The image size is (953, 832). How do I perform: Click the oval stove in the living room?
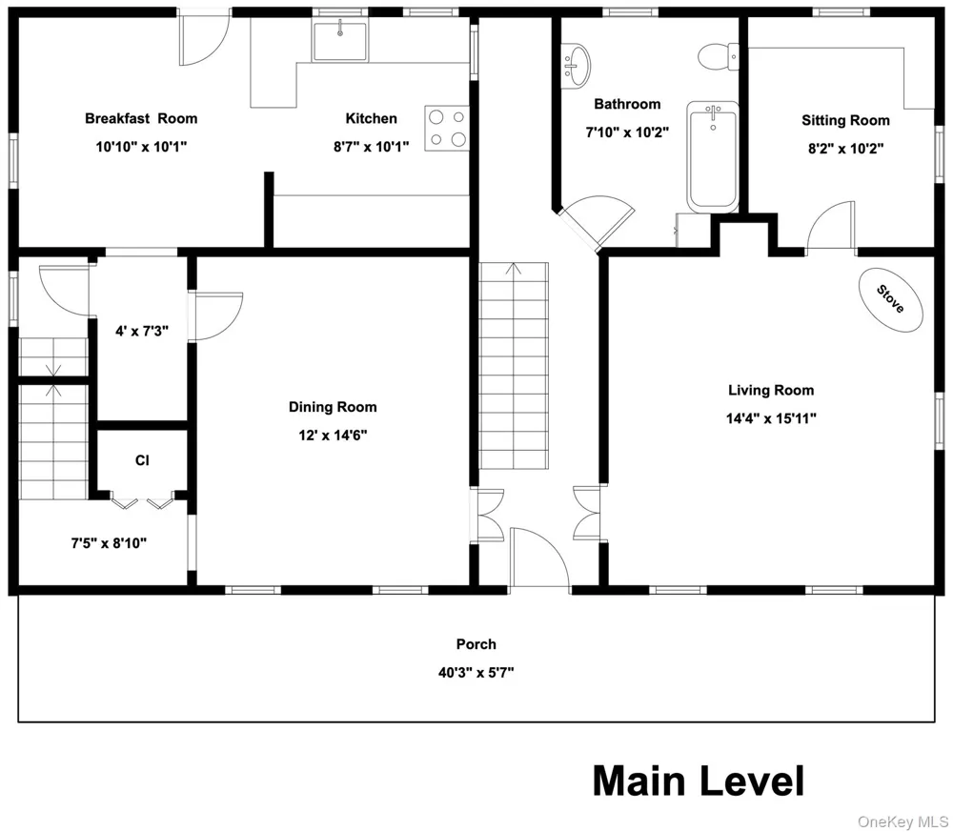pyautogui.click(x=890, y=299)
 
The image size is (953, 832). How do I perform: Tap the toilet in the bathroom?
pyautogui.click(x=718, y=57)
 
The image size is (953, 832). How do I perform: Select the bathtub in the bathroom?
pyautogui.click(x=713, y=156)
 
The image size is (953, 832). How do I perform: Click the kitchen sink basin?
pyautogui.click(x=340, y=41)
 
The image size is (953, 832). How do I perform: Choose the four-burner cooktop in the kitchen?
pyautogui.click(x=447, y=128)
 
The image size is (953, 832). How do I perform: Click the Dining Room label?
pyautogui.click(x=333, y=407)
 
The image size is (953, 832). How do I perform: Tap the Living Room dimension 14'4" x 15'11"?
pyautogui.click(x=771, y=418)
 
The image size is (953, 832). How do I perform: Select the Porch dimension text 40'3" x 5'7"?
pyautogui.click(x=476, y=672)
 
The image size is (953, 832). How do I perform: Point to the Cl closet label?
pyautogui.click(x=142, y=460)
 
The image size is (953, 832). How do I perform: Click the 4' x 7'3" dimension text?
pyautogui.click(x=142, y=331)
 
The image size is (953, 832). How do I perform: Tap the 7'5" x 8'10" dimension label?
pyautogui.click(x=109, y=542)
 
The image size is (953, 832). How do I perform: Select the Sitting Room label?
pyautogui.click(x=845, y=120)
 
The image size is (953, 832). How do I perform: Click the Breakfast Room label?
pyautogui.click(x=141, y=118)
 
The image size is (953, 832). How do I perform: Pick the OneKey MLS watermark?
pyautogui.click(x=902, y=822)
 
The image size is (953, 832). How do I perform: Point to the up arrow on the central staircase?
pyautogui.click(x=515, y=269)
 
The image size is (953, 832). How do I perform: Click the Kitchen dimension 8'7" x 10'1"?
pyautogui.click(x=371, y=146)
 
